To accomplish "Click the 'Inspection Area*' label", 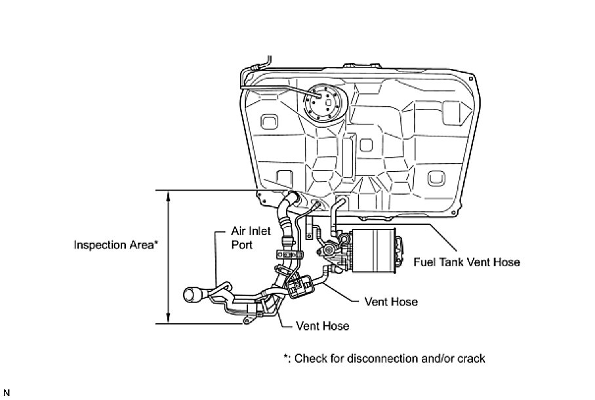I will coord(115,245).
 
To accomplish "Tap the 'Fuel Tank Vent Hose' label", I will coord(466,262).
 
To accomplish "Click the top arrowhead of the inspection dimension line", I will coord(169,195).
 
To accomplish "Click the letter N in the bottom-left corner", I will coord(6,393).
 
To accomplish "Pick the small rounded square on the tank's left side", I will coord(269,122).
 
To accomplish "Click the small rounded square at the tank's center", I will coord(365,143).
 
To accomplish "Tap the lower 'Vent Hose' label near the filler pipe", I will coord(323,326).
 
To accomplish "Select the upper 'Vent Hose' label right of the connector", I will coord(391,302).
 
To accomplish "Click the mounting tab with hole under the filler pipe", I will coord(248,321).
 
